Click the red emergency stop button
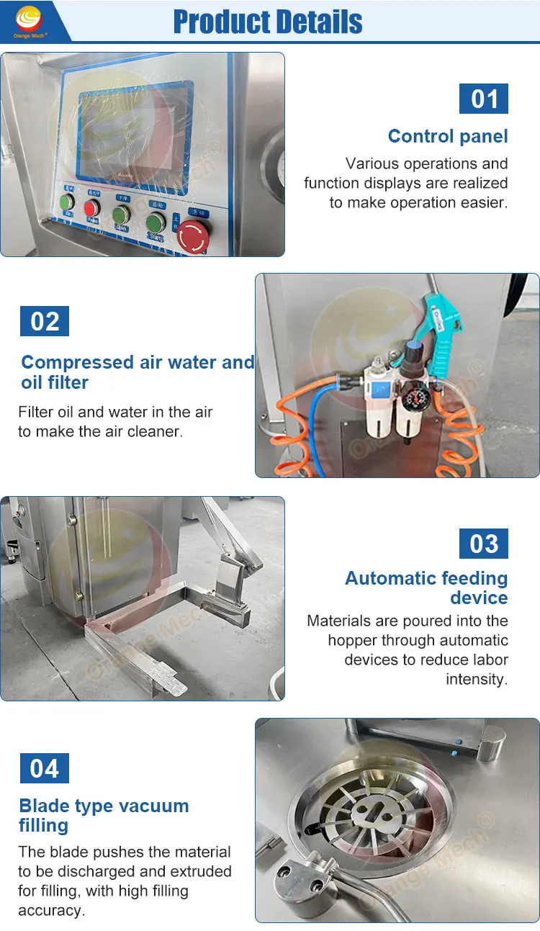coord(192,235)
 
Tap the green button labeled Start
coord(156,223)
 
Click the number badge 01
coord(484,99)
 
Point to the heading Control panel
coord(447,136)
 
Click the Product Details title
coord(268,22)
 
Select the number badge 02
coord(45,321)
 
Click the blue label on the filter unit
coord(377,389)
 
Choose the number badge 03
coord(484,544)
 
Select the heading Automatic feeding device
coord(426,588)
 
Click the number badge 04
coord(45,768)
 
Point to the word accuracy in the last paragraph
coord(51,910)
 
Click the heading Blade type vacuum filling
coord(104,815)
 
